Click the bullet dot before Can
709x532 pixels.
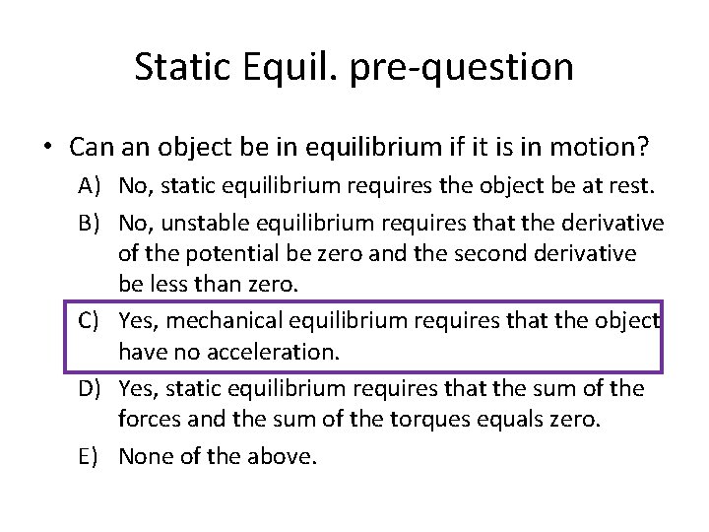(x=46, y=148)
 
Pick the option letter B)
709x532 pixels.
(x=96, y=223)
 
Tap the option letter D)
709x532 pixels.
(x=96, y=388)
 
